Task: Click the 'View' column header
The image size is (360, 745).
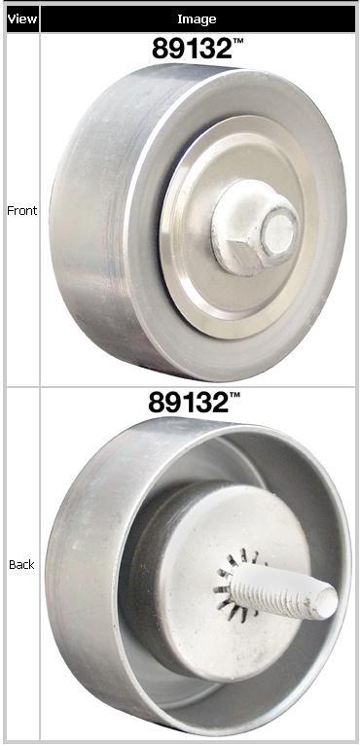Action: click(22, 19)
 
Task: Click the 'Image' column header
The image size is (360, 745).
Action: click(197, 19)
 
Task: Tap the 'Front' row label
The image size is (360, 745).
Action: click(21, 210)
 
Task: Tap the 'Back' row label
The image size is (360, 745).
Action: click(21, 564)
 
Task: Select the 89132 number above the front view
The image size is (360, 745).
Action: click(192, 48)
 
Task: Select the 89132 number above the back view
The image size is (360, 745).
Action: click(189, 402)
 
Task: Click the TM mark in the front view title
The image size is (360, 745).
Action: click(237, 41)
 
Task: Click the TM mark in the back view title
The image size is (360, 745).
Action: click(234, 395)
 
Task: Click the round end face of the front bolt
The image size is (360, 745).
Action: click(279, 232)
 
